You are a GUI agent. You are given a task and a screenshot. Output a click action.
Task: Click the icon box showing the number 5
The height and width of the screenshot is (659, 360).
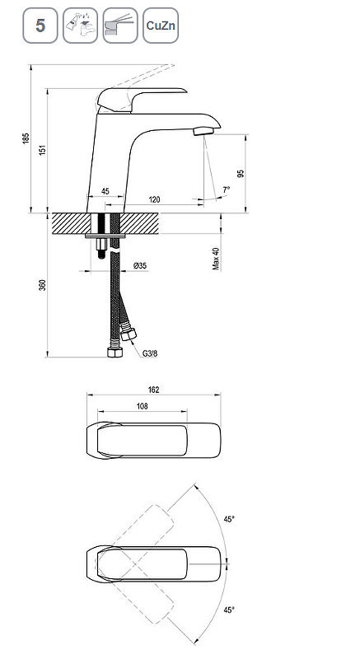click(40, 26)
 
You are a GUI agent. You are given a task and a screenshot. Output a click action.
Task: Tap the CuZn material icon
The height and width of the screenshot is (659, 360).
click(161, 26)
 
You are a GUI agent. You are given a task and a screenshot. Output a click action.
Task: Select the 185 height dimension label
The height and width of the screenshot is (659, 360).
click(26, 138)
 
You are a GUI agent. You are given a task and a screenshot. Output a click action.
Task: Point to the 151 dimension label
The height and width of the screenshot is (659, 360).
click(43, 150)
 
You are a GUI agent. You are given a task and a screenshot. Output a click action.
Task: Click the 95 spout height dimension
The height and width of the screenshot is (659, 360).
click(241, 174)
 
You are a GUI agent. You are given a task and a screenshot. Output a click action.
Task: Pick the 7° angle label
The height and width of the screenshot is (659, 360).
click(227, 190)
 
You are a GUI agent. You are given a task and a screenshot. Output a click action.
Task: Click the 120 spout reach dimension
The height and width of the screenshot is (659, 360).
click(155, 199)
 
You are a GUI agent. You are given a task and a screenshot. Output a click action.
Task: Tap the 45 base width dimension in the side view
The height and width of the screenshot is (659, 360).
click(105, 191)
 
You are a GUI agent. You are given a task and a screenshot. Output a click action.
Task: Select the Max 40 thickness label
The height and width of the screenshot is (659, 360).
click(216, 259)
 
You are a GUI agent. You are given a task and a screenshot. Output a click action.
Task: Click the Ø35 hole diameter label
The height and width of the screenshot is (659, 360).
click(140, 265)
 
